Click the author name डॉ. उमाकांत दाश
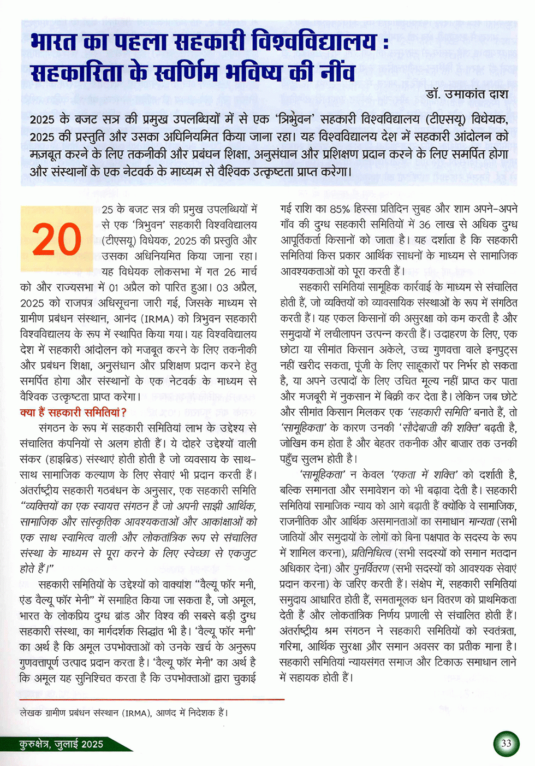point(467,94)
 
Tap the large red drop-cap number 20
point(56,239)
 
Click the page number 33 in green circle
point(506,743)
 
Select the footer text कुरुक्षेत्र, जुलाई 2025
point(61,744)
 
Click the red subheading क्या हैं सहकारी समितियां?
point(73,413)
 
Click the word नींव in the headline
point(338,73)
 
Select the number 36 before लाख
point(424,225)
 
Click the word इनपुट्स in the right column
point(494,350)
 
